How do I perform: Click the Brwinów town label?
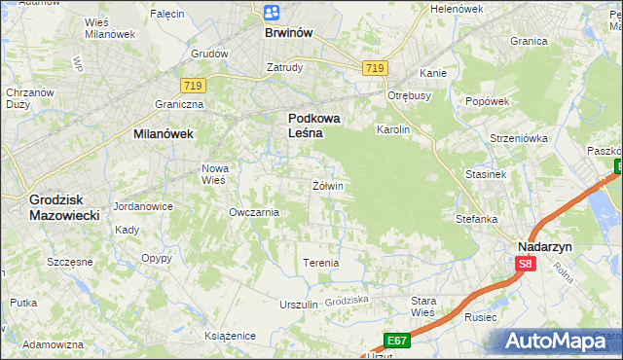coord(288,32)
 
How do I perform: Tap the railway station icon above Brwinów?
coord(272,12)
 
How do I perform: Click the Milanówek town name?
coord(164,135)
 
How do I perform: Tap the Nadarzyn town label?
coord(544,247)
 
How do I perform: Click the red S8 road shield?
coord(526,264)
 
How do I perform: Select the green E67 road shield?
coord(396,341)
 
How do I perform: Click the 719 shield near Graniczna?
coord(192,87)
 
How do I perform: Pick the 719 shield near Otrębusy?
coord(376,67)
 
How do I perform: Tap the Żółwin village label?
coord(327,185)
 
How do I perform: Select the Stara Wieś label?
coord(423,306)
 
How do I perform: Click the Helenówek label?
coord(457,9)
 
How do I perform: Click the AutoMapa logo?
coord(559,341)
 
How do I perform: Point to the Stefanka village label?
coord(477,219)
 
